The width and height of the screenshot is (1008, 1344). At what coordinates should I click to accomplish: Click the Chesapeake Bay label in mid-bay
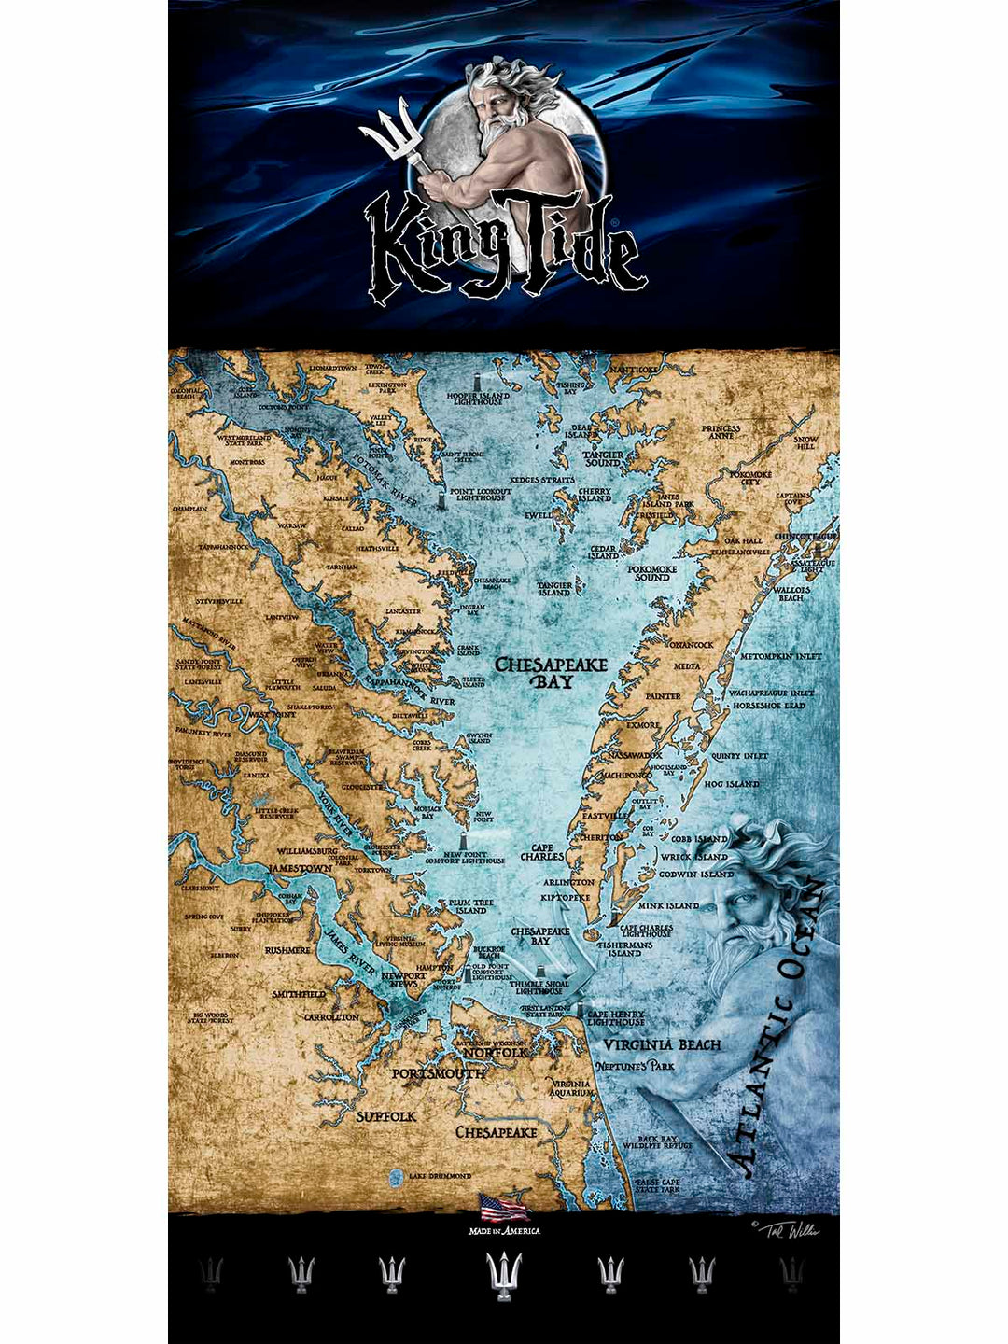pyautogui.click(x=551, y=673)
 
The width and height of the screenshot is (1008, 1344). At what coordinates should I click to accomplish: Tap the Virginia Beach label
pyautogui.click(x=662, y=1044)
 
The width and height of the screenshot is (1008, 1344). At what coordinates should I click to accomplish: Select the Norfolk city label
pyautogui.click(x=496, y=1052)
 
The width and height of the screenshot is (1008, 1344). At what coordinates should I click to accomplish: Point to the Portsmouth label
pyautogui.click(x=438, y=1074)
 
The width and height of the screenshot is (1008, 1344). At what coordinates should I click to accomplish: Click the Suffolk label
pyautogui.click(x=385, y=1116)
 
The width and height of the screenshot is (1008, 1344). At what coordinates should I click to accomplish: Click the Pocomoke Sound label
pyautogui.click(x=651, y=572)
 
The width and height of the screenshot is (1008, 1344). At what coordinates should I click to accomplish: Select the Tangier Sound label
pyautogui.click(x=603, y=458)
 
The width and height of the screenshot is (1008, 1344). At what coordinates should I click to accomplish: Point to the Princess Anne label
pyautogui.click(x=721, y=432)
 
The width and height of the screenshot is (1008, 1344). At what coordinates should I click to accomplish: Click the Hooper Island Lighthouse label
pyautogui.click(x=478, y=399)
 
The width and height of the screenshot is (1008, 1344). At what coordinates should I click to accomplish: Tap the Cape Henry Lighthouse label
pyautogui.click(x=615, y=1018)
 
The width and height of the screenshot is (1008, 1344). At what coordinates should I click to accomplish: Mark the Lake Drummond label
pyautogui.click(x=439, y=1176)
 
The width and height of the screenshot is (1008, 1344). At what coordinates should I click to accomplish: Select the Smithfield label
pyautogui.click(x=299, y=995)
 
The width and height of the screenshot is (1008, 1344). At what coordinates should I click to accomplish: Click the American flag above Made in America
pyautogui.click(x=504, y=1208)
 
